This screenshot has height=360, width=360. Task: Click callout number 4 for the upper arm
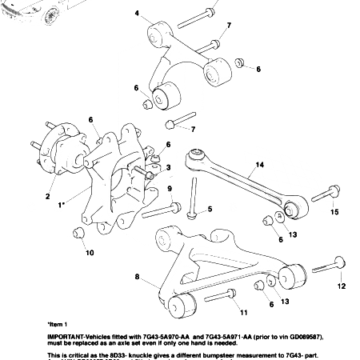coord(138,14)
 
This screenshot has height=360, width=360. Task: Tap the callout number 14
coord(259,166)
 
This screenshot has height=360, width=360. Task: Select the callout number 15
coord(335,211)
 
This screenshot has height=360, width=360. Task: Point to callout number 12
coord(341,286)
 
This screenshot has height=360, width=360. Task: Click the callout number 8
coord(137,277)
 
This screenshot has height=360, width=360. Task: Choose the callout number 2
coord(47,196)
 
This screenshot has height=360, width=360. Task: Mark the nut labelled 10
coord(79,234)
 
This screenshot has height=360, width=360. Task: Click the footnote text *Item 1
coord(58,325)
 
